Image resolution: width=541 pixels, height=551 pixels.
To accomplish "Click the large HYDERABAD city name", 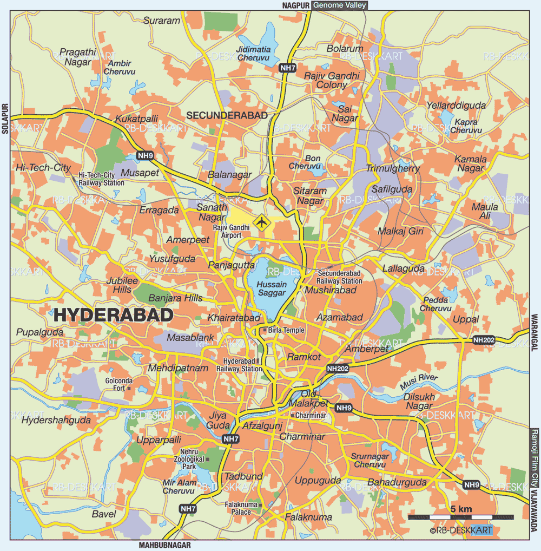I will coord(114,315).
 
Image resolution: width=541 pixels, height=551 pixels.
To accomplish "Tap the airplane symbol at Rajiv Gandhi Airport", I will coord(261,222).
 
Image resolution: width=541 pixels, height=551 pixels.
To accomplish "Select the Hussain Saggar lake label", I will coord(271,288).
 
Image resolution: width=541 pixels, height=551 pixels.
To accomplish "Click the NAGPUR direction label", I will coord(295,5).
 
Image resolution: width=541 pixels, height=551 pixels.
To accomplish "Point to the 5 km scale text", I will coord(461,509).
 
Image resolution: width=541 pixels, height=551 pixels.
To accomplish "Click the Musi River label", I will coord(419,381).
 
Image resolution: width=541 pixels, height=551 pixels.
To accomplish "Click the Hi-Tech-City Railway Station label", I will coord(101,179).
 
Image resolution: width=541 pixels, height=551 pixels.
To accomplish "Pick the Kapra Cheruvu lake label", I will coord(466,126).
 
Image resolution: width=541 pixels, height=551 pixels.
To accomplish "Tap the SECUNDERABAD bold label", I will coord(227,115).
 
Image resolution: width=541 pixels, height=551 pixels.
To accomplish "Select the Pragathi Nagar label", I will coord(77,57).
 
